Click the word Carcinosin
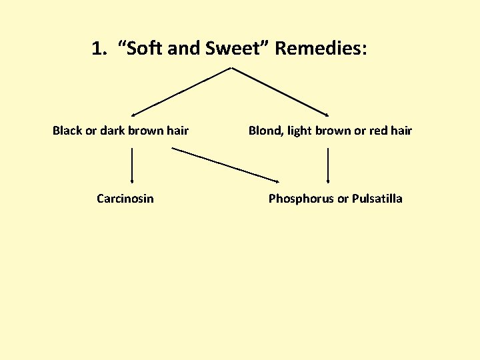[x=125, y=199]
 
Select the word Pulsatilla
[x=377, y=199]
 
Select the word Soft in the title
[x=145, y=49]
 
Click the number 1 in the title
[x=97, y=49]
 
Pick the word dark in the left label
[x=113, y=131]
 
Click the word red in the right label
[x=378, y=131]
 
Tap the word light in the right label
[x=300, y=131]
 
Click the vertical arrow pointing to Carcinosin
[x=132, y=165]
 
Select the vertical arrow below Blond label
[x=328, y=165]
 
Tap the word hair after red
[x=401, y=131]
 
